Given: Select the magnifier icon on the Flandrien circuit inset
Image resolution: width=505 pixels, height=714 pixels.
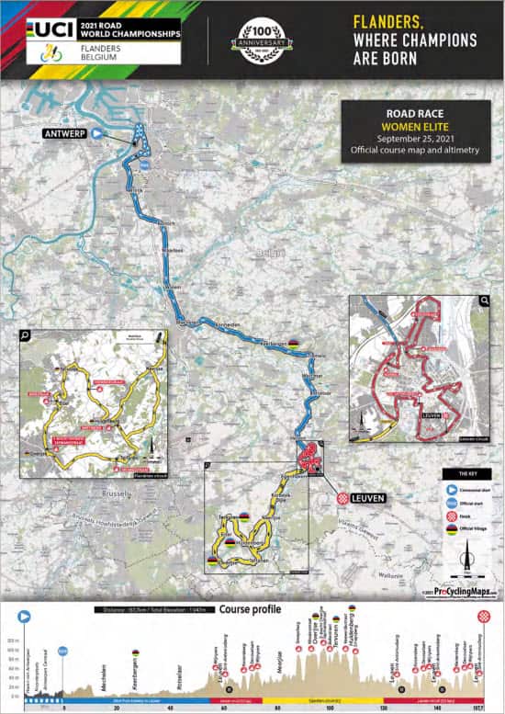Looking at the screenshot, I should coord(26,335).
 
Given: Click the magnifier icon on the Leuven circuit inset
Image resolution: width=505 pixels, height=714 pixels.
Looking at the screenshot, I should coord(483,300).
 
